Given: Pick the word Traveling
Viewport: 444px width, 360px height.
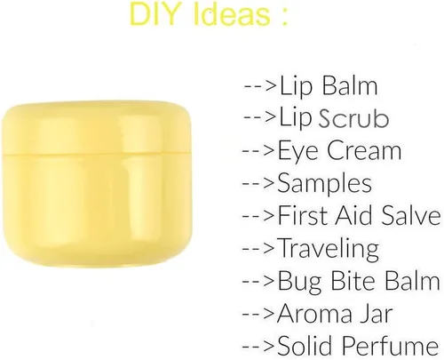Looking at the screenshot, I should [328, 248].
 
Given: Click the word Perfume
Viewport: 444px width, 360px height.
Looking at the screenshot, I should [387, 344].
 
